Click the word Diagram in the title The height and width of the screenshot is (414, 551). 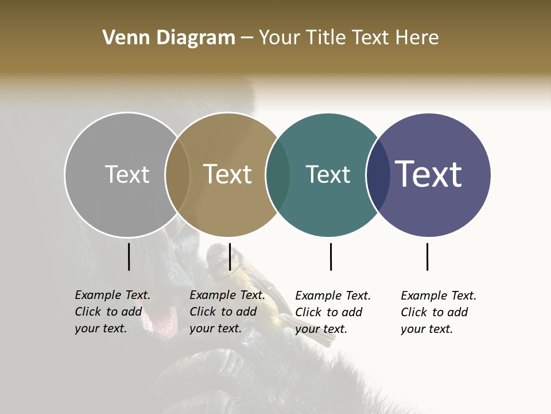coord(196,38)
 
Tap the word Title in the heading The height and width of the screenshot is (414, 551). coord(326,38)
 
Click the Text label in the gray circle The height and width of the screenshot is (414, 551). coord(127,174)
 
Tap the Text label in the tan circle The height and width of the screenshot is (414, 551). coord(227,174)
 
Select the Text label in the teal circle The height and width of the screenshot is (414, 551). coord(328,174)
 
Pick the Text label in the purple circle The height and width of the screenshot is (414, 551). coord(428,174)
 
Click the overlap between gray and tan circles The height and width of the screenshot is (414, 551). coord(177,174)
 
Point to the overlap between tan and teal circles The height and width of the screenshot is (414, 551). coord(278,174)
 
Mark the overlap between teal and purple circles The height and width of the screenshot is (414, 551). coord(378,174)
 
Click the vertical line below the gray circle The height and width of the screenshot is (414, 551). coord(129,256)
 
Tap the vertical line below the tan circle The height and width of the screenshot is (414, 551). coord(230,256)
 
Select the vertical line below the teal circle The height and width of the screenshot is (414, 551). coord(331,256)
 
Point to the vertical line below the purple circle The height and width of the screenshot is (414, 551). coord(427,256)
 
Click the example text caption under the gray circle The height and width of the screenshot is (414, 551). coord(112,312)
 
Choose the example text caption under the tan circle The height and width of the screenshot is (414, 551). coord(227,312)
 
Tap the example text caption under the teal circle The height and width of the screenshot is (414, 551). coord(333,312)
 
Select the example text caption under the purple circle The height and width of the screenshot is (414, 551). coord(439,312)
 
